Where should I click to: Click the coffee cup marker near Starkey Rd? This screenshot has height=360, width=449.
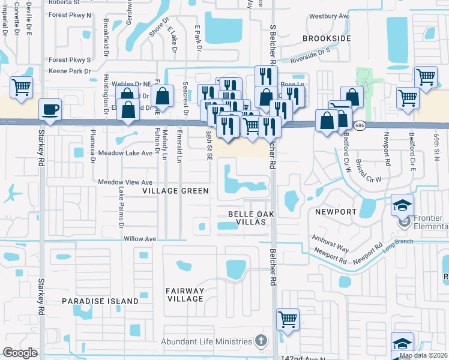(x=50, y=110)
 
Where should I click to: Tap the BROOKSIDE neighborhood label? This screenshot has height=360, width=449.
(x=326, y=38)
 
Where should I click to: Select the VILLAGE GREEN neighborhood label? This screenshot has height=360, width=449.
(x=175, y=191)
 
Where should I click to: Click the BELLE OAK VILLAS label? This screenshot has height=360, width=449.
(x=247, y=218)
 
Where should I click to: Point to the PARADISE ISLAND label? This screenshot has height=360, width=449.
(x=100, y=301)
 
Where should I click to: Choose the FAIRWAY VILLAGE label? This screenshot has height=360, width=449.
(x=185, y=295)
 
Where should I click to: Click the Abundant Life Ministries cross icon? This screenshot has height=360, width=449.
(x=261, y=341)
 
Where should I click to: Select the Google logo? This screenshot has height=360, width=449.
(x=20, y=353)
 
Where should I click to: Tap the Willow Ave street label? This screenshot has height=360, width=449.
(x=139, y=239)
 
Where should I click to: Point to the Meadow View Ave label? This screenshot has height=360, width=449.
(x=125, y=182)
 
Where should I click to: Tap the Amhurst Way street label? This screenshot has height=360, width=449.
(x=330, y=243)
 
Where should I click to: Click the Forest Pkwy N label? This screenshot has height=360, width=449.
(x=70, y=14)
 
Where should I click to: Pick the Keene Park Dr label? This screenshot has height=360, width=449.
(x=70, y=71)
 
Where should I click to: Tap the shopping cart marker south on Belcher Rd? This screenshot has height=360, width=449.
(x=288, y=319)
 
